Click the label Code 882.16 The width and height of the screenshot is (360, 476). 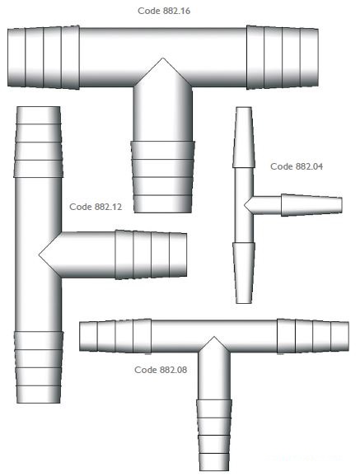164,11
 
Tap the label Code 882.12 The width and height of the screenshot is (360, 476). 96,207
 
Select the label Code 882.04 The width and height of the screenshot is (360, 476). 297,166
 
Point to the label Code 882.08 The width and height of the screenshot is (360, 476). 161,370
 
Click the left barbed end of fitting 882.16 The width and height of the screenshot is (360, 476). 44,58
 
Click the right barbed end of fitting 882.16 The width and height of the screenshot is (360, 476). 283,58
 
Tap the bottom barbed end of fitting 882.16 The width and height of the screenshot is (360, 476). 163,177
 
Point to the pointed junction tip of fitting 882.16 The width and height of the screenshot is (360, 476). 163,58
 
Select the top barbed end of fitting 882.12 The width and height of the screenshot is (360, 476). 38,142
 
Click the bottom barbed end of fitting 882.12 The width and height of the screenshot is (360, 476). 38,367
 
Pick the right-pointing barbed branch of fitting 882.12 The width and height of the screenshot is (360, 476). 151,254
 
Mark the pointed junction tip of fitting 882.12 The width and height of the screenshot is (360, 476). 40,254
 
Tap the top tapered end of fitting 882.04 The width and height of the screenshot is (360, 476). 244,138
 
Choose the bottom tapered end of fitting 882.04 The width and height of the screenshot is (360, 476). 244,273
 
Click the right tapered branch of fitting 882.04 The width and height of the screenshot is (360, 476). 311,205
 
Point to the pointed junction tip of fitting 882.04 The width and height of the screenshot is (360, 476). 245,205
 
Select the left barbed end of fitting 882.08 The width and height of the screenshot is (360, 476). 115,335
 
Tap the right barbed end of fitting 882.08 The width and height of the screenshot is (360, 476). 313,336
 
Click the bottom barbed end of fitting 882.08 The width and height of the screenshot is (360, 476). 214,435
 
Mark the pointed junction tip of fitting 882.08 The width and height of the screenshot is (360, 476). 214,337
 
